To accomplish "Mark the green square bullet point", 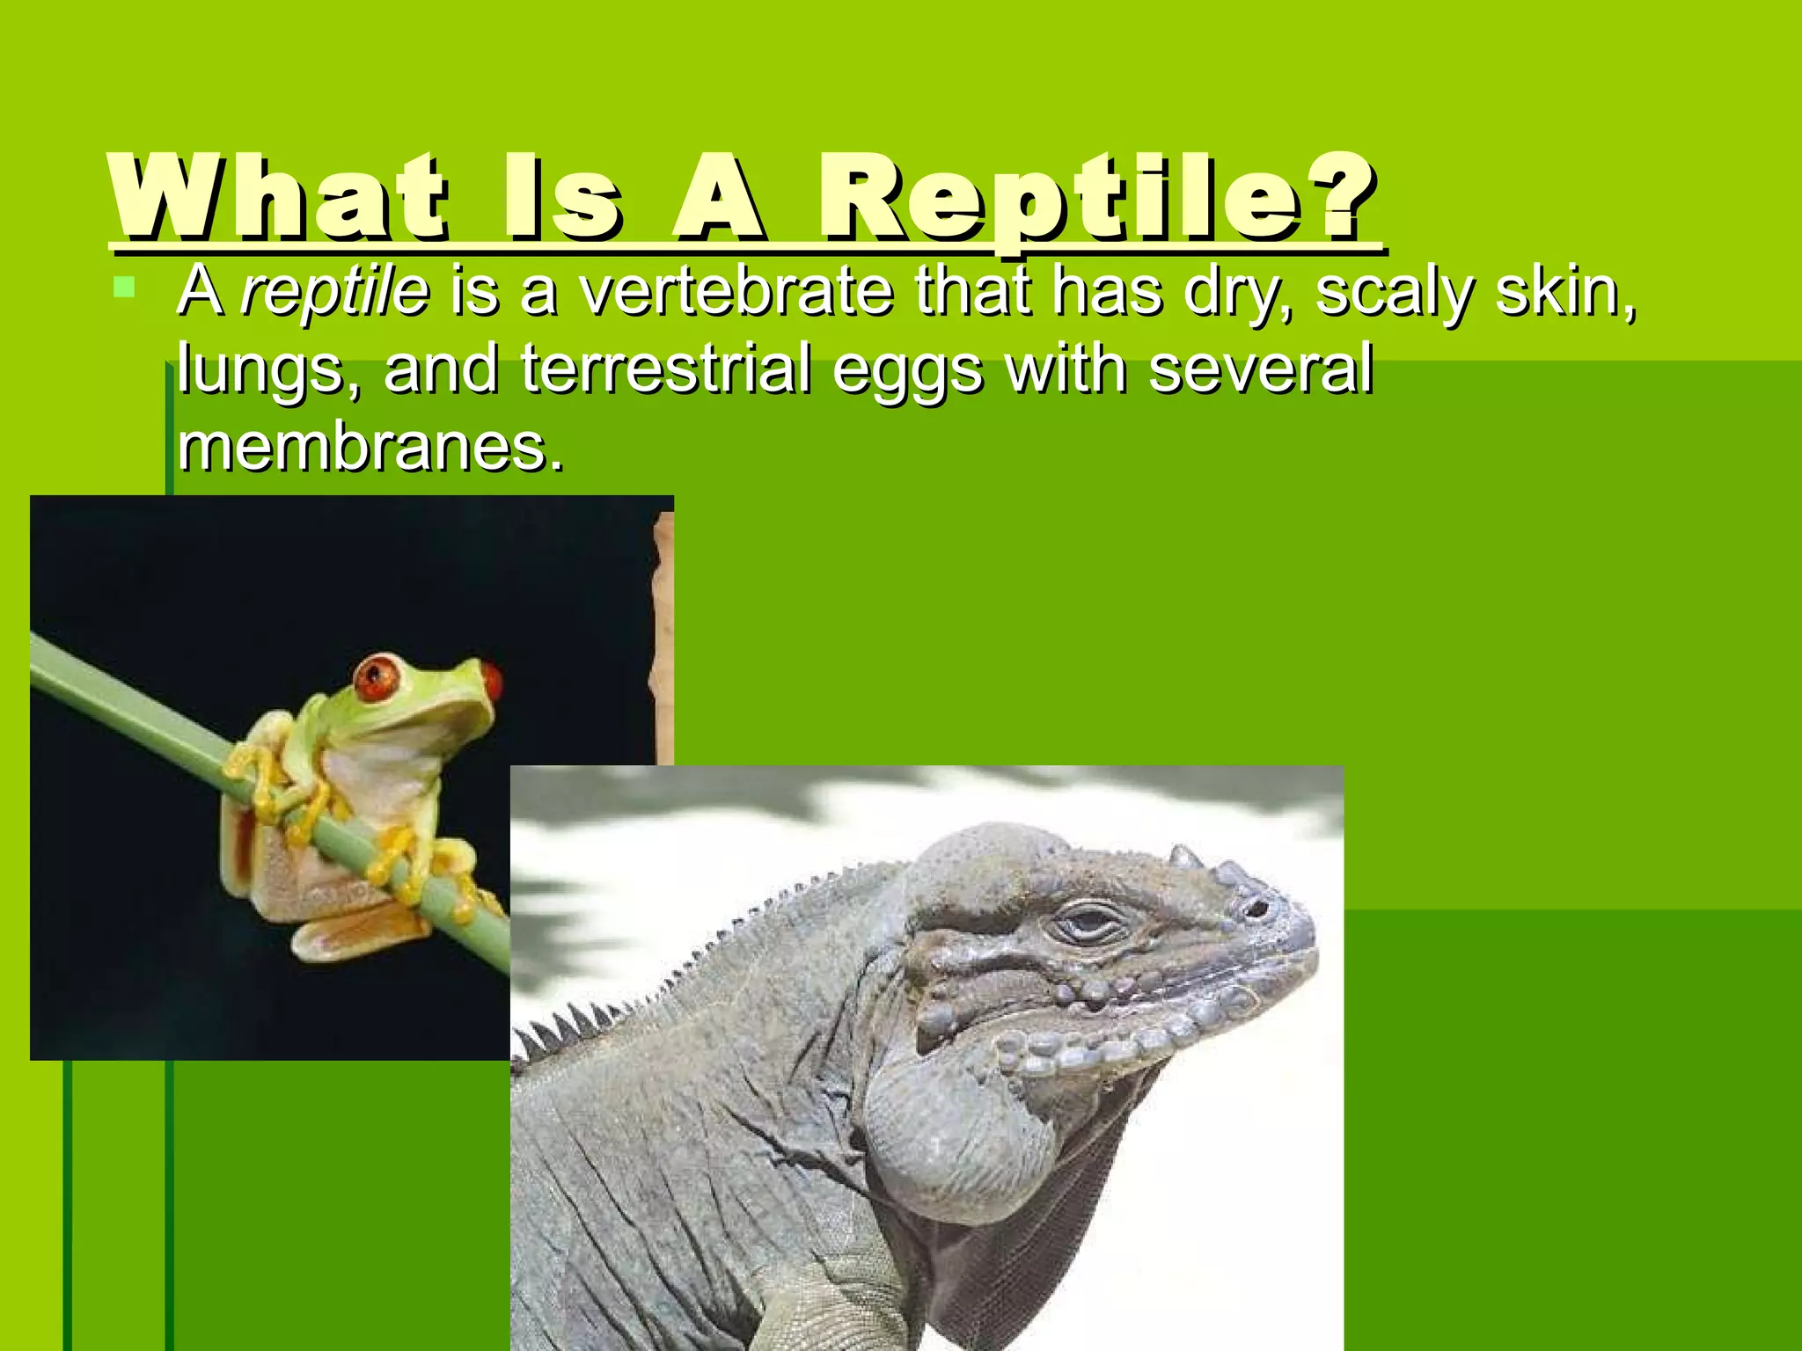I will tap(124, 286).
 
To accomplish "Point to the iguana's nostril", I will tap(1259, 907).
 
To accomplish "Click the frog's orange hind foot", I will tap(361, 936).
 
